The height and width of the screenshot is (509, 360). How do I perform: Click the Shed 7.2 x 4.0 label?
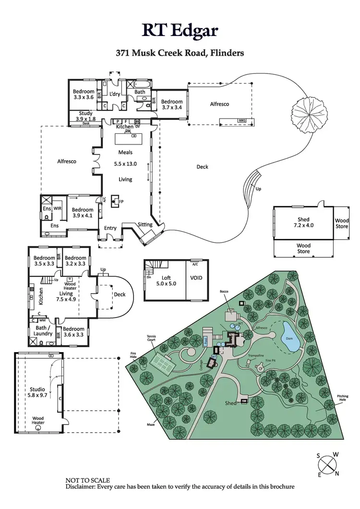tap(303, 222)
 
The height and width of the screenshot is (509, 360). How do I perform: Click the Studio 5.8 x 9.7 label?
tap(36, 392)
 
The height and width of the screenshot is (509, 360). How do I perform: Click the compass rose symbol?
tap(328, 464)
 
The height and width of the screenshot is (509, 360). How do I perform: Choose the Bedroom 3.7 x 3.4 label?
tap(172, 105)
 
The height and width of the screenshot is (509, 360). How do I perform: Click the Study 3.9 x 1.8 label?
tap(86, 116)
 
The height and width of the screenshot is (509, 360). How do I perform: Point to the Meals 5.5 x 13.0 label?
tap(125, 158)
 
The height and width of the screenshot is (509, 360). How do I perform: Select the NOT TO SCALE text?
tap(87, 480)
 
